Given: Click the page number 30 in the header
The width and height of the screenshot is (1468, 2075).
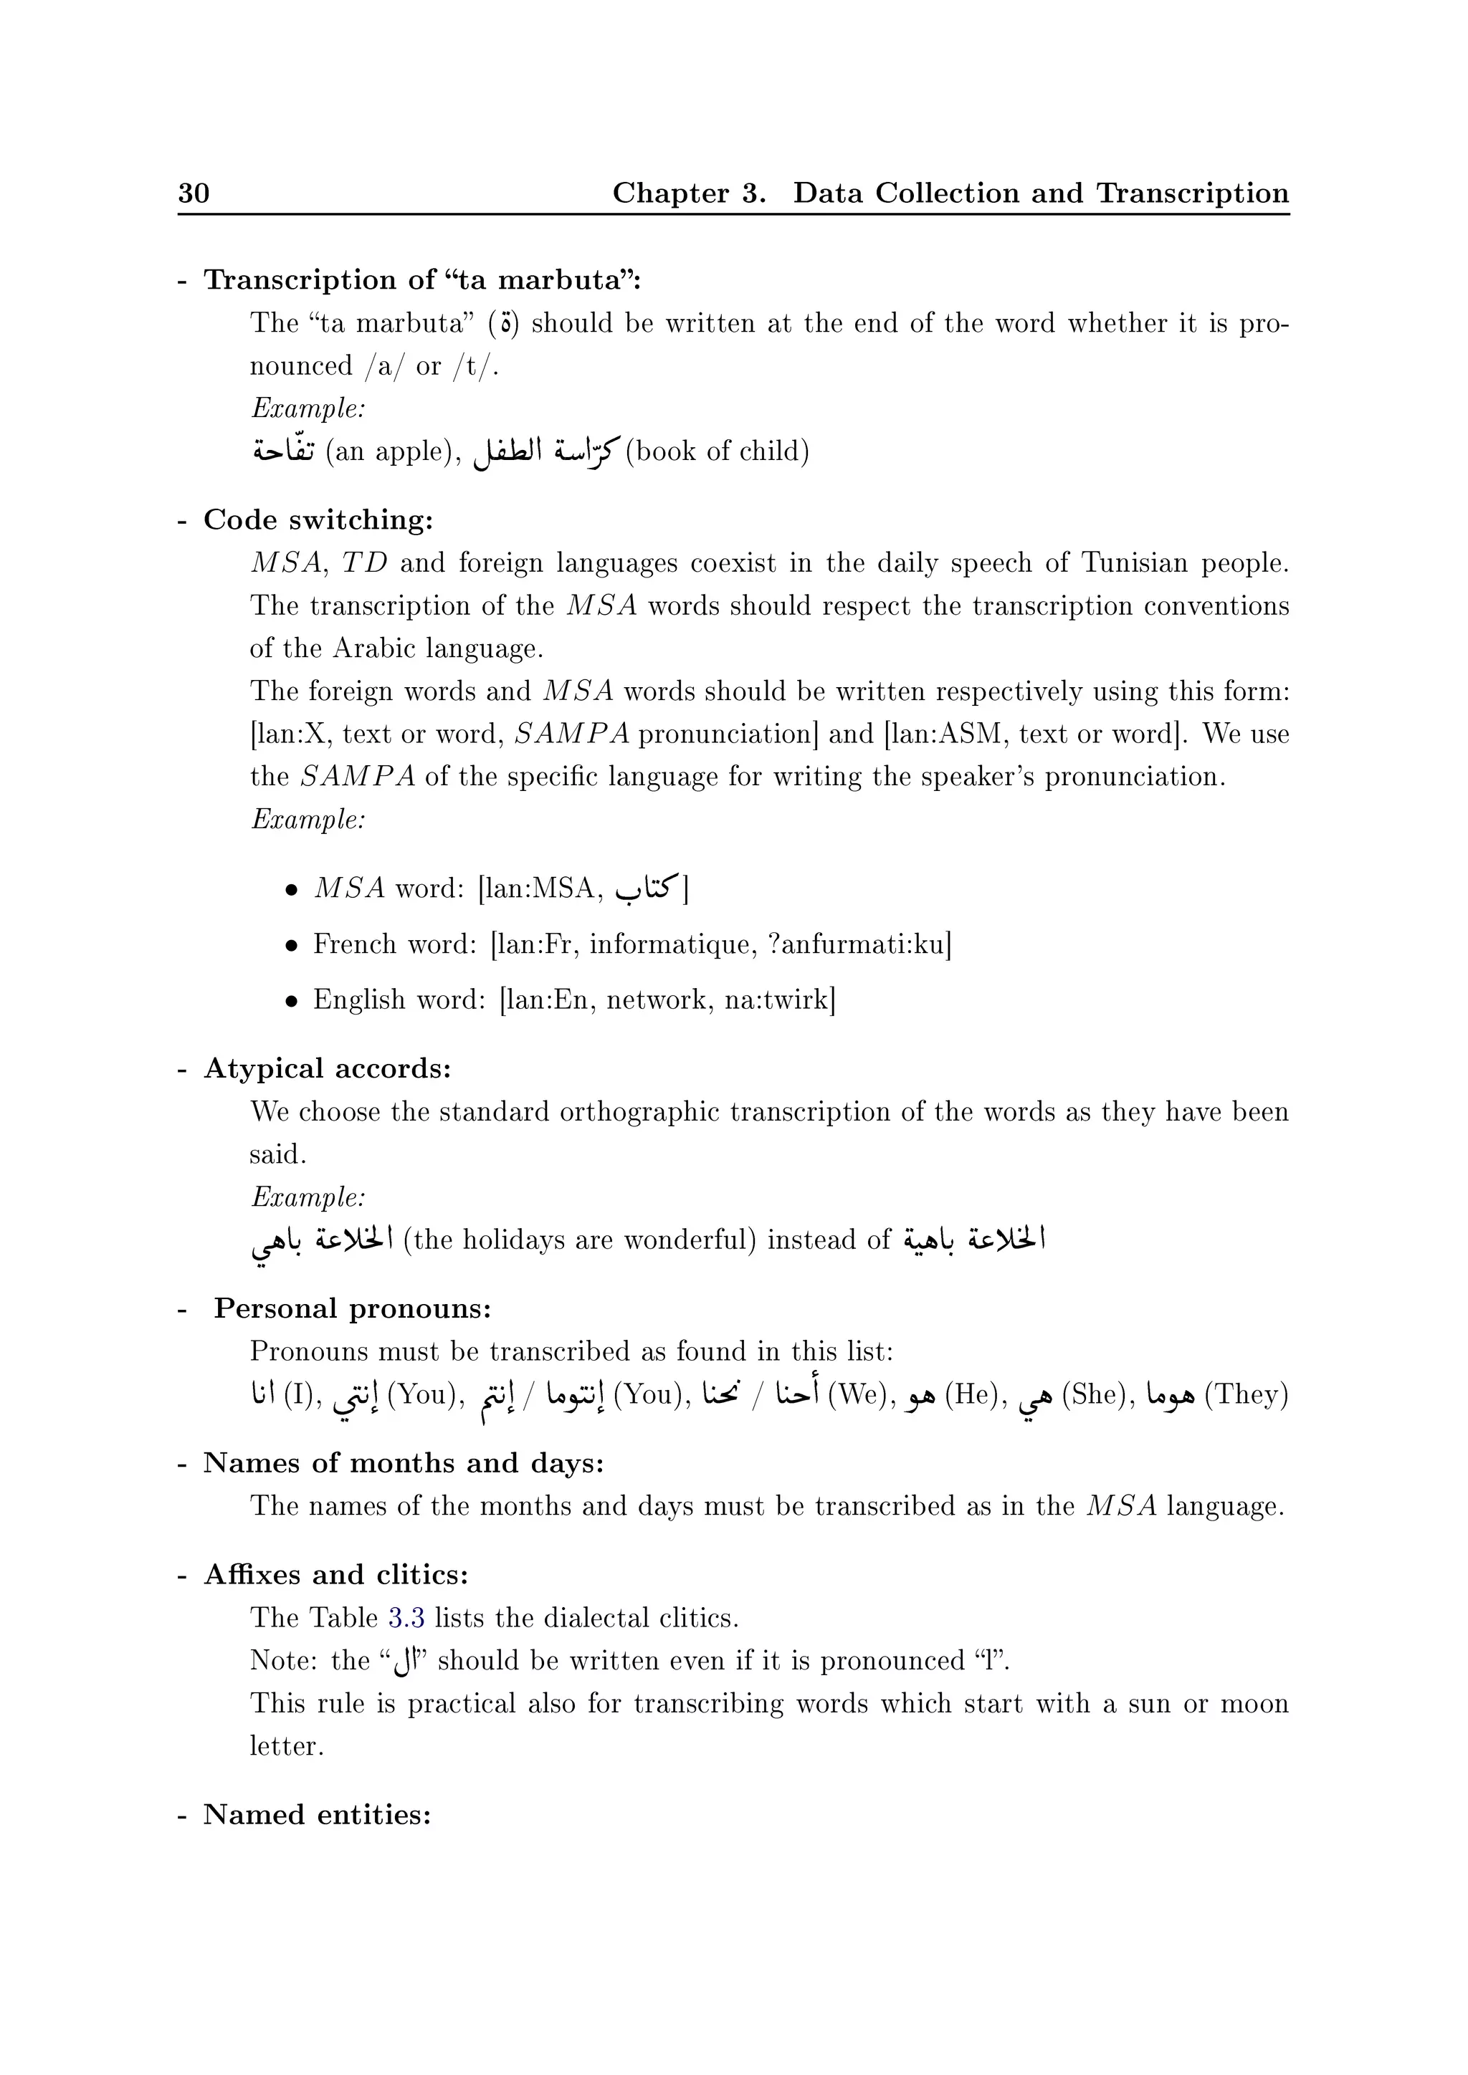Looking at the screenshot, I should click(194, 193).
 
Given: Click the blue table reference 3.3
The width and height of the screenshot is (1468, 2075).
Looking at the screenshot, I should click(406, 1617).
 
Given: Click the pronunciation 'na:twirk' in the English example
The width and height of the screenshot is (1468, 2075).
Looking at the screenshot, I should click(779, 1000).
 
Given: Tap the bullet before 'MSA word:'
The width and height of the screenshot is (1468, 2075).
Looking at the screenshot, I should click(291, 890).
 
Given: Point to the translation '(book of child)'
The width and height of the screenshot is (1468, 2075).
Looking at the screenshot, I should click(717, 450).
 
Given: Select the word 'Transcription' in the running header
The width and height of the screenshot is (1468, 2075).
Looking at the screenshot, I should click(1192, 193).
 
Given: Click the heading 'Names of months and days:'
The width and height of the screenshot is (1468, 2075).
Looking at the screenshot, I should click(403, 1462).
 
